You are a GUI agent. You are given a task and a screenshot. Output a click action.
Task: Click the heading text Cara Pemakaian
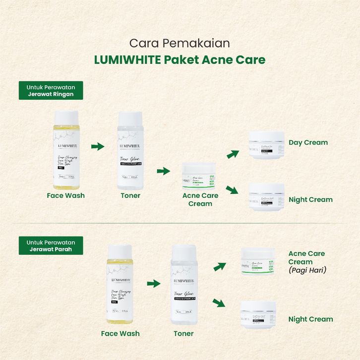(x=180, y=43)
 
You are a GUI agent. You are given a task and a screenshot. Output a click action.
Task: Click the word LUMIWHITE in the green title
(x=126, y=60)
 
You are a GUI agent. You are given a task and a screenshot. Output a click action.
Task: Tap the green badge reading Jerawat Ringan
(x=51, y=91)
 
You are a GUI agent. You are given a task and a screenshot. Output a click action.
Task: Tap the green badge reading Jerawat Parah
(x=51, y=245)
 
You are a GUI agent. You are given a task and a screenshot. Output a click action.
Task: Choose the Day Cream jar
(x=266, y=144)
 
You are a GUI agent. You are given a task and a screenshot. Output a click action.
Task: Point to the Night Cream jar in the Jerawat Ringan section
(x=266, y=197)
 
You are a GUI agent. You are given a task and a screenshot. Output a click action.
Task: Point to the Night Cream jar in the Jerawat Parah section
(x=257, y=315)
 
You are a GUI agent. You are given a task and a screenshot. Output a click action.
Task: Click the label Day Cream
(x=308, y=143)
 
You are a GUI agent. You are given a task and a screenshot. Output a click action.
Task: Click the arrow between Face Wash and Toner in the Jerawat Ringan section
(x=98, y=146)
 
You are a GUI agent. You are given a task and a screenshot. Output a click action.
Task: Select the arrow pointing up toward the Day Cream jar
(x=232, y=154)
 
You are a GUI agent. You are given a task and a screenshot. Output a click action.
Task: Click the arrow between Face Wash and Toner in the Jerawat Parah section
(x=154, y=284)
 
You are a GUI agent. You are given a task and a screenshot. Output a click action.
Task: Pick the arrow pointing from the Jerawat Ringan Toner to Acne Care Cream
(x=163, y=171)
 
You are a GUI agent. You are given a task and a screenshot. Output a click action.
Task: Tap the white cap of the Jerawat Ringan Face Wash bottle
(x=65, y=118)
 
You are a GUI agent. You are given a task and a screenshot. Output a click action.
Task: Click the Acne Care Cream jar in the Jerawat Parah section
(x=257, y=262)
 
